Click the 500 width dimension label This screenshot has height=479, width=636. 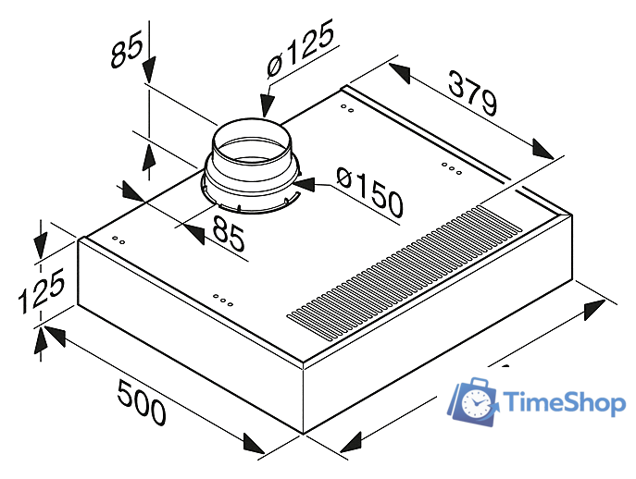pyautogui.click(x=142, y=402)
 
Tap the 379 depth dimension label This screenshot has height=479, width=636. pyautogui.click(x=472, y=92)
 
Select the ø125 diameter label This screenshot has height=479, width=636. pyautogui.click(x=301, y=48)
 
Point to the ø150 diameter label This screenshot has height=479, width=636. pyautogui.click(x=370, y=192)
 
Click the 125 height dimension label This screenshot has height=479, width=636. pyautogui.click(x=41, y=290)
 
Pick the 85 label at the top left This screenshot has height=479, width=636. pyautogui.click(x=127, y=49)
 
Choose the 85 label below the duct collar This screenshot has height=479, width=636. pyautogui.click(x=229, y=233)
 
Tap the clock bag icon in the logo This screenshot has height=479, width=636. pyautogui.click(x=473, y=401)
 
